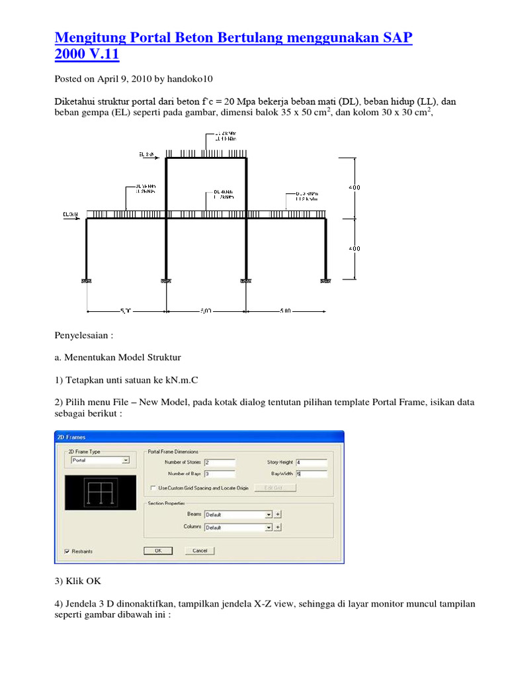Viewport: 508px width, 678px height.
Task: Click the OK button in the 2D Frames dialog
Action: click(158, 550)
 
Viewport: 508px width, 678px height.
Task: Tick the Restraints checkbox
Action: click(68, 551)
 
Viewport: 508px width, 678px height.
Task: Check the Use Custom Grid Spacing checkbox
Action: click(153, 488)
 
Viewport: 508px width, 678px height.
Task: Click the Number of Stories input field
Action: click(220, 462)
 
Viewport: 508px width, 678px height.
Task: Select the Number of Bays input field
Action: click(220, 474)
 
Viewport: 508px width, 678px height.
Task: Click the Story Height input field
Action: click(311, 462)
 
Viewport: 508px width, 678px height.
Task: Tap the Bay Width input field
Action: click(311, 474)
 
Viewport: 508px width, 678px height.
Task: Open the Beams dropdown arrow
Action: click(269, 514)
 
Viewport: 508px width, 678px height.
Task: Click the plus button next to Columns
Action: click(278, 528)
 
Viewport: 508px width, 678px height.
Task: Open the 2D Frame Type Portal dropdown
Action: click(126, 460)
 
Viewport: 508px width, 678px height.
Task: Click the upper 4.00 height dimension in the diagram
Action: click(355, 188)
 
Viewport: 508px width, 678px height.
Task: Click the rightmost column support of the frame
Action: click(326, 281)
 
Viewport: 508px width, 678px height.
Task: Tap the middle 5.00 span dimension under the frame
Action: click(206, 310)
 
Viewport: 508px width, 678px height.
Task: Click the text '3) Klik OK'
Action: click(77, 581)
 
